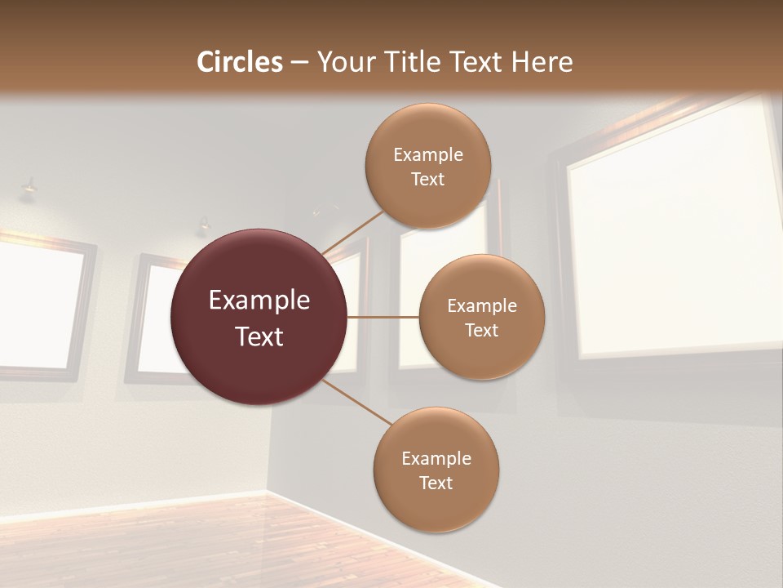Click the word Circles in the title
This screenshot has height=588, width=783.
[x=239, y=62]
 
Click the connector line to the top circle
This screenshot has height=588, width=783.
[x=352, y=231]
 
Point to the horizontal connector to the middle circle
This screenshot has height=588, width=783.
[x=383, y=317]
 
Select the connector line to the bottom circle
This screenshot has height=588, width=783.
[x=357, y=402]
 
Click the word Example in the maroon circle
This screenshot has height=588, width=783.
[x=259, y=301]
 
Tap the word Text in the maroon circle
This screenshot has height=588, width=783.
[x=259, y=336]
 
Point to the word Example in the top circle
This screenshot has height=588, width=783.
[x=428, y=155]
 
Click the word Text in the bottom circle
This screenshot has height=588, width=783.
[x=436, y=483]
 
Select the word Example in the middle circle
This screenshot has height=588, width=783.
[x=482, y=306]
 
